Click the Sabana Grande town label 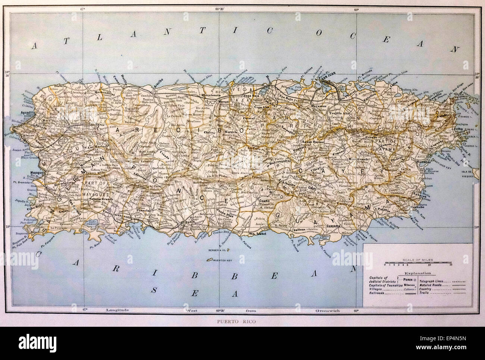tap(98, 199)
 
